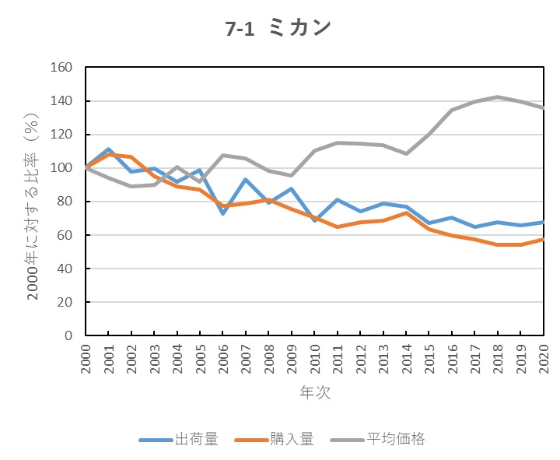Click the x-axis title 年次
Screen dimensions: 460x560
click(315, 392)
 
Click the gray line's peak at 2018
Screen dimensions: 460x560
click(498, 97)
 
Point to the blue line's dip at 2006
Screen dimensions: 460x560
click(223, 213)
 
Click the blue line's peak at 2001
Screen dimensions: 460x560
click(109, 149)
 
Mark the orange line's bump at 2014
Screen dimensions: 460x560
click(406, 212)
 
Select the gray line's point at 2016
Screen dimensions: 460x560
click(452, 111)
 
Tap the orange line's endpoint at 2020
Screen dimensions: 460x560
click(543, 239)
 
